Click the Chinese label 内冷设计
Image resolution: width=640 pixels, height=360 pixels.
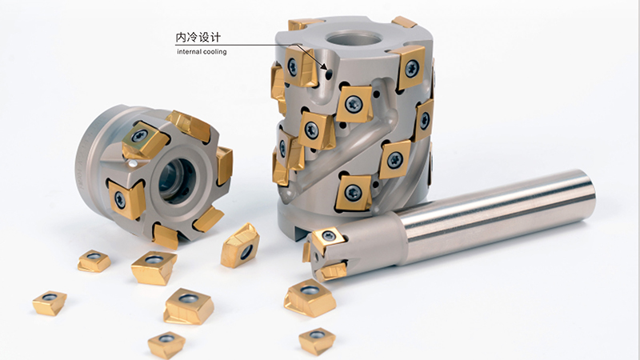coord(198,38)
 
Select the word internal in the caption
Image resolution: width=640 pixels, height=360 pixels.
coord(190,51)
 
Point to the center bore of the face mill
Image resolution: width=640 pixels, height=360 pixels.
coord(177,181)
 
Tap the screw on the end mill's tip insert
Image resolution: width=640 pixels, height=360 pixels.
coord(329,235)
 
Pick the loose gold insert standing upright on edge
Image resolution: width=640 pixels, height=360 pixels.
coord(240,246)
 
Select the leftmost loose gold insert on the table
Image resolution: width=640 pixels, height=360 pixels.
coord(50,303)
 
